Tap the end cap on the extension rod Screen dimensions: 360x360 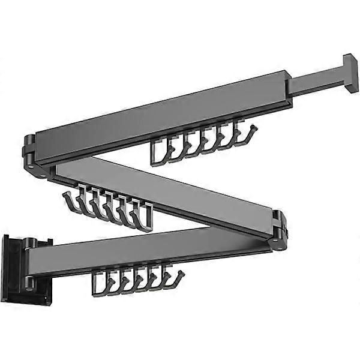pos(350,73)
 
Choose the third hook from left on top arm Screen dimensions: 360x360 pos(190,145)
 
